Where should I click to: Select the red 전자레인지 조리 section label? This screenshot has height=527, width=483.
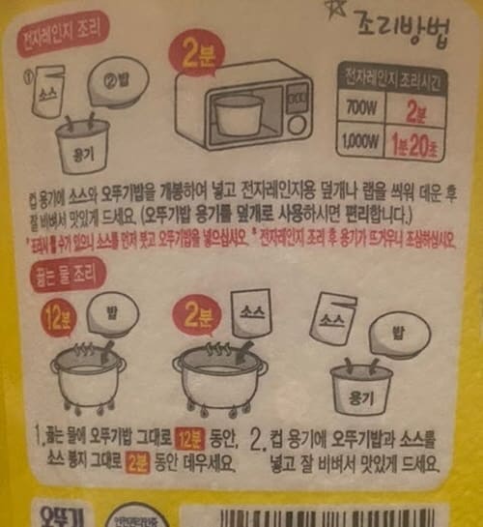(59, 44)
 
